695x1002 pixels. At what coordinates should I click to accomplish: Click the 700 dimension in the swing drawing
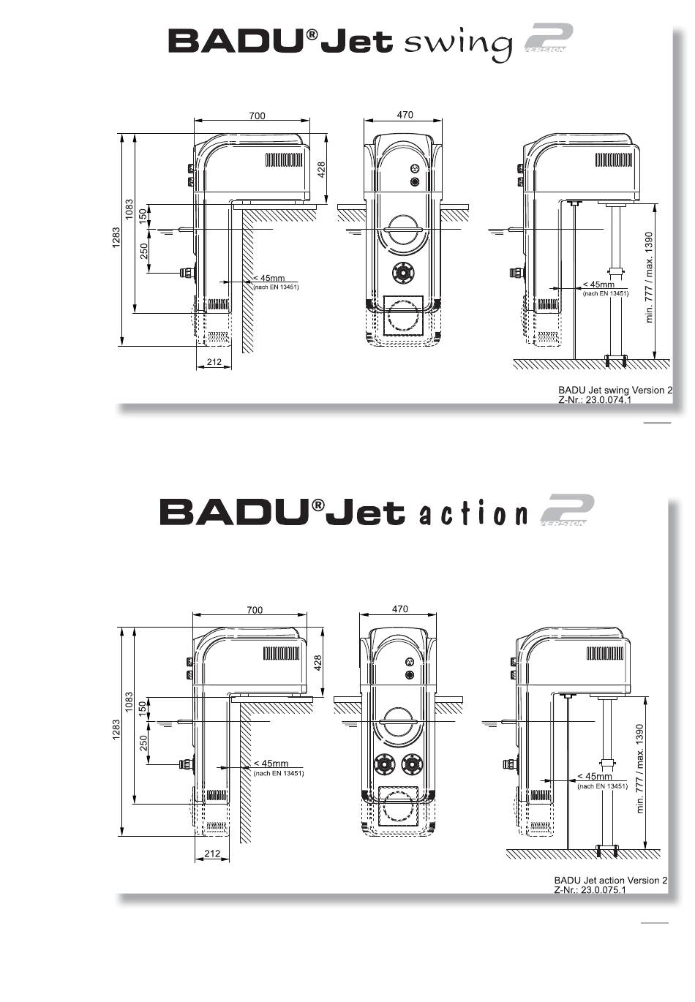pos(257,116)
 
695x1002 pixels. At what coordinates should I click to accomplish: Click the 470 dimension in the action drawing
pos(400,609)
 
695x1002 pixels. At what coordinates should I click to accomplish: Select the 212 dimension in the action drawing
pos(212,854)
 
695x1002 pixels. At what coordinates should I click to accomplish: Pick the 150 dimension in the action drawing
pos(143,708)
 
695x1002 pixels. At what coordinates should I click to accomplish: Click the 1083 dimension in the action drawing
pos(129,702)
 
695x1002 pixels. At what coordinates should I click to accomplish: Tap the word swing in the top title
pos(458,42)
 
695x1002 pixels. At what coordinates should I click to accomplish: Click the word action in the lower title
pos(473,514)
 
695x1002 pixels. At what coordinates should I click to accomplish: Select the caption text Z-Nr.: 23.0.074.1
pos(594,400)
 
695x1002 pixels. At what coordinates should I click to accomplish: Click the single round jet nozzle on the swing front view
pos(403,272)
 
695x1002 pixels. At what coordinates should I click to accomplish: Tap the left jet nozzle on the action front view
pos(385,765)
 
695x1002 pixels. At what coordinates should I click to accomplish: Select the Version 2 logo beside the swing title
pos(549,39)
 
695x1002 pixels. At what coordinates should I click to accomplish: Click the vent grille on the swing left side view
pos(284,160)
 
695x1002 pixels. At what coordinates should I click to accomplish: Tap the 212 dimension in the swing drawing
pos(214,362)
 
